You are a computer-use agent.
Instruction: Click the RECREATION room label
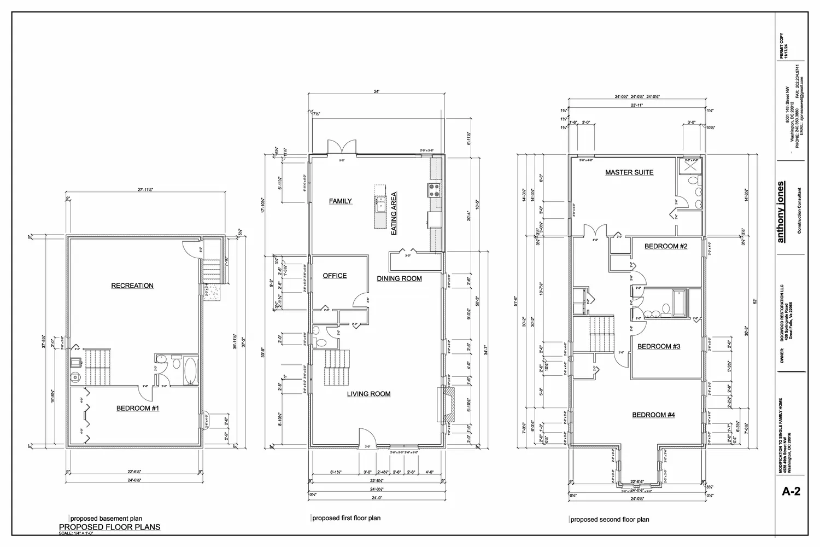(x=132, y=286)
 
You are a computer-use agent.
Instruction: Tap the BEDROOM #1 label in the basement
(x=138, y=408)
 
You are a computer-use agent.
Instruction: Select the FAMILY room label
(x=340, y=201)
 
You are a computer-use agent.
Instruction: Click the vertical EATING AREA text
(x=394, y=213)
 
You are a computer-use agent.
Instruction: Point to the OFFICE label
(x=335, y=276)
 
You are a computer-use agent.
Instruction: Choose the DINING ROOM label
(x=399, y=278)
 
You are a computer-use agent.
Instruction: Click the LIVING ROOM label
(x=368, y=394)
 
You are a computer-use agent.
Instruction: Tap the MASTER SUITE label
(x=629, y=172)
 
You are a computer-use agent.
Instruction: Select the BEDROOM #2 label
(x=665, y=246)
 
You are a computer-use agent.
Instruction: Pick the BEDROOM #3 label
(x=659, y=346)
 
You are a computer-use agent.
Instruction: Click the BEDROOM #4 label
(x=653, y=415)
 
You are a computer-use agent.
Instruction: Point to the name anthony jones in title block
(x=781, y=212)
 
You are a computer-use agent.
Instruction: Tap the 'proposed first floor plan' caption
(x=346, y=518)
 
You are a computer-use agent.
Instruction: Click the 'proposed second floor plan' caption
(x=610, y=520)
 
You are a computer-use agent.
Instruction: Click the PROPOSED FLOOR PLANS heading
(x=109, y=527)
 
